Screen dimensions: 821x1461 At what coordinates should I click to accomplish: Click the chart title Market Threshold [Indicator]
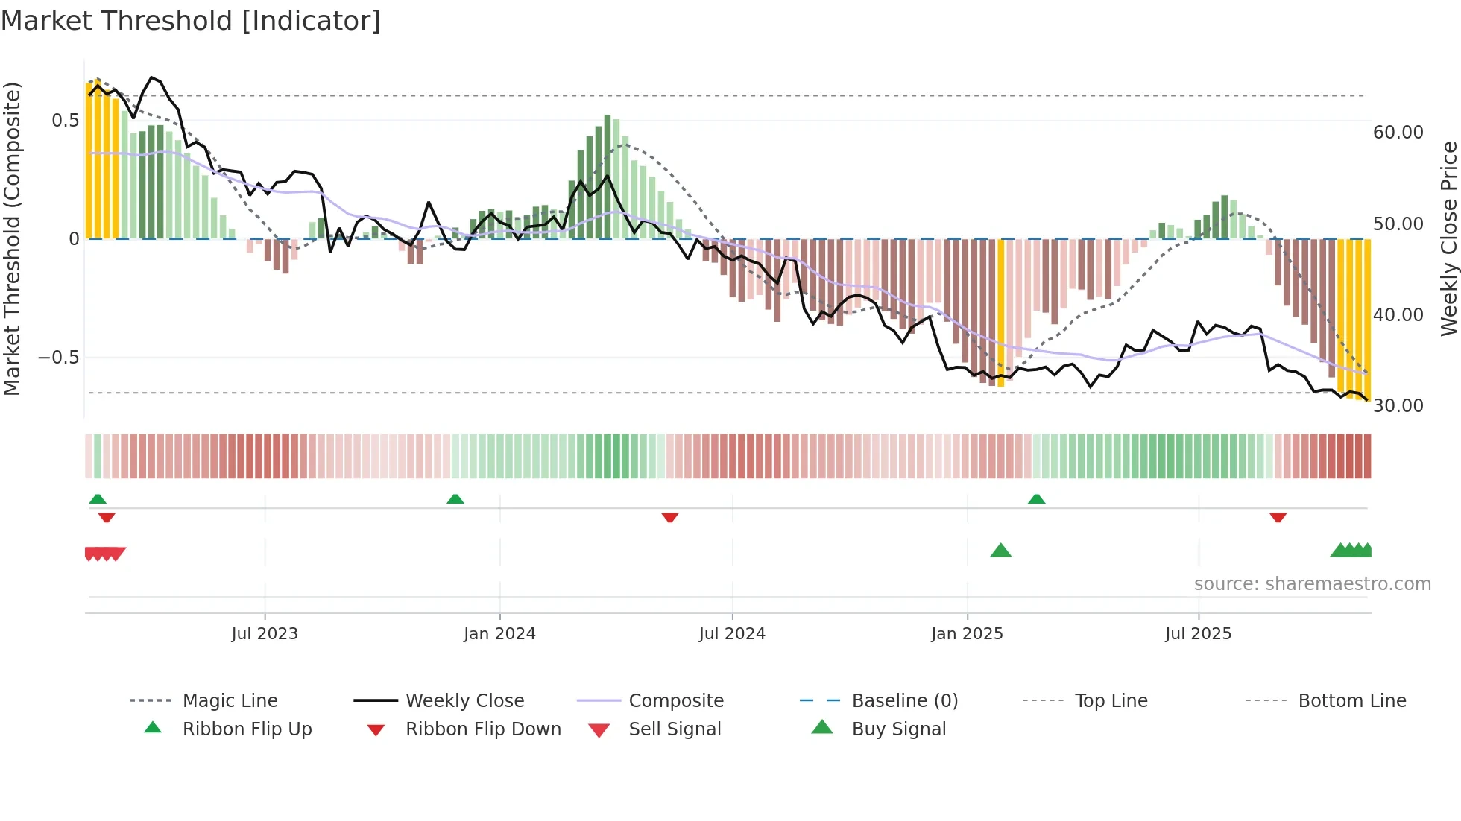pos(191,21)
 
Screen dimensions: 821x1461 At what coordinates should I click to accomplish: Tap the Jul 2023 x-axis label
pos(265,634)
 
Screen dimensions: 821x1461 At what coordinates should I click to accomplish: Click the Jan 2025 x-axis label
pos(967,634)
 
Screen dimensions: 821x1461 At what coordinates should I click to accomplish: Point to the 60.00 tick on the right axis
pos(1398,133)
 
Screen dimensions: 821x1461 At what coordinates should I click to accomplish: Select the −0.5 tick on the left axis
pos(59,358)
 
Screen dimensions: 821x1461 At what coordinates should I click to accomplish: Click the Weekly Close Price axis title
pos(1448,238)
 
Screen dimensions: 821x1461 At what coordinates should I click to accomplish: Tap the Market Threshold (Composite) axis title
pos(12,238)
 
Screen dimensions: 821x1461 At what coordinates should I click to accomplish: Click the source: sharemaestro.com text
pos(1312,584)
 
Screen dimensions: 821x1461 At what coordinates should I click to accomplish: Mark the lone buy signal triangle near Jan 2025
pos(1000,551)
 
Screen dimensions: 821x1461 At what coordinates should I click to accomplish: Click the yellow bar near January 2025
pos(1000,313)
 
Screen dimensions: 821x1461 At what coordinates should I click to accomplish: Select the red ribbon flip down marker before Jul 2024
pos(669,517)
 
